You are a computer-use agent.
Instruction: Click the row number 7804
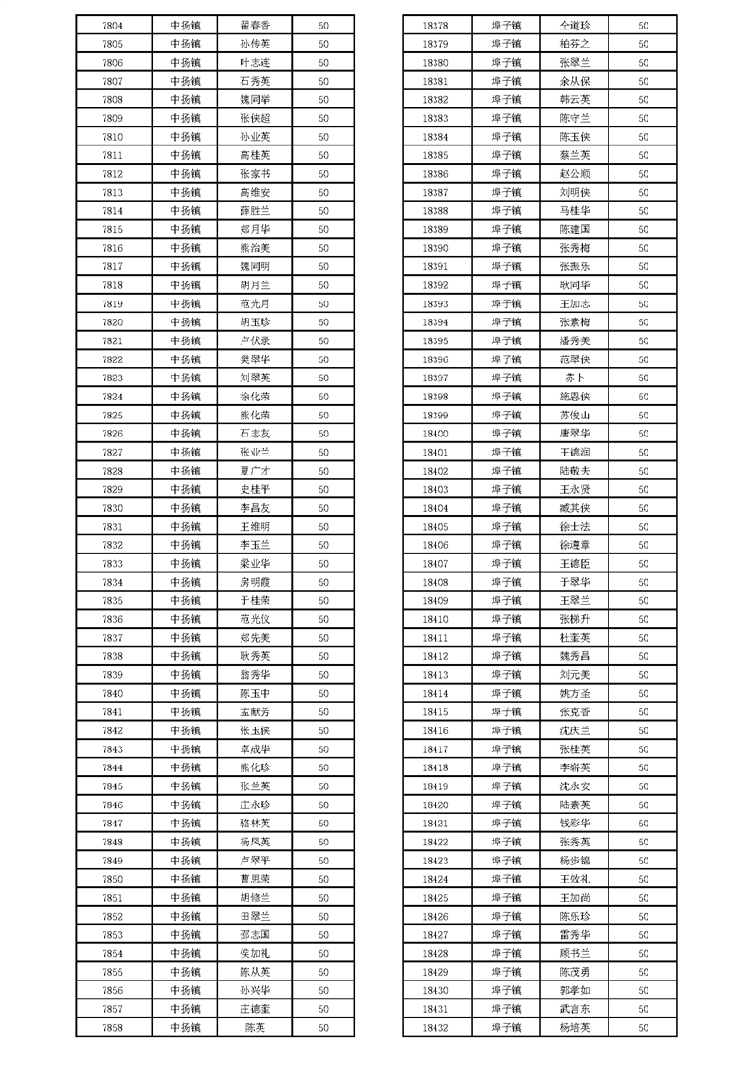[111, 25]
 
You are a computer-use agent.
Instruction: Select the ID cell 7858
[111, 1027]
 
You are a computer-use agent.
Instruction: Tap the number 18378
[435, 25]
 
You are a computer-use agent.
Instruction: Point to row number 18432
[435, 1027]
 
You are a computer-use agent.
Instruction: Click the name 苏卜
[574, 378]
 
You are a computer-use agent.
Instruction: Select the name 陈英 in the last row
[255, 1027]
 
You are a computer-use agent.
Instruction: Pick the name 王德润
[574, 452]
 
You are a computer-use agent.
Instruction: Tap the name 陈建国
[574, 229]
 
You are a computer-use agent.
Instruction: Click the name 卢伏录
[255, 340]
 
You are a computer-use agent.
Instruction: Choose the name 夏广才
[255, 471]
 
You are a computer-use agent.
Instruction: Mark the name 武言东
[574, 1009]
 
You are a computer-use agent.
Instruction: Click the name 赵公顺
[574, 174]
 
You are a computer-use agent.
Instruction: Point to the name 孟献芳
[255, 711]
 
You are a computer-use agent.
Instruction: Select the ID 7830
[111, 508]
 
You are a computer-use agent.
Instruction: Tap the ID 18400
[435, 434]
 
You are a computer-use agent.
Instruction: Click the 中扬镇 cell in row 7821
[185, 340]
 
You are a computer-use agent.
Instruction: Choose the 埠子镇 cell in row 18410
[506, 619]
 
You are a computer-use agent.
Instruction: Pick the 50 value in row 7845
[323, 786]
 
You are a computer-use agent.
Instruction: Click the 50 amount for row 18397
[644, 378]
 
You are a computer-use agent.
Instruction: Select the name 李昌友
[255, 508]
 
